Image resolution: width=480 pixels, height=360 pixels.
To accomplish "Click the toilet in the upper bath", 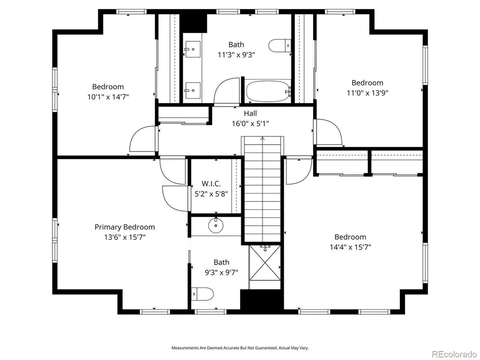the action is pyautogui.click(x=280, y=45).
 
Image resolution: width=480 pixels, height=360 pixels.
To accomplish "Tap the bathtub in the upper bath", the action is pyautogui.click(x=268, y=91).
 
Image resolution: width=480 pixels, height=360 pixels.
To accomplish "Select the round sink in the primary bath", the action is pyautogui.click(x=216, y=226).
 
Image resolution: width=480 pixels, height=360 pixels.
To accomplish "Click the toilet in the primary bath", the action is pyautogui.click(x=202, y=294).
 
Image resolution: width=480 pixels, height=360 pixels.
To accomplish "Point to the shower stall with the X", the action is pyautogui.click(x=265, y=263).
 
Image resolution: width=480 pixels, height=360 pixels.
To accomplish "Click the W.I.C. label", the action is pyautogui.click(x=211, y=184).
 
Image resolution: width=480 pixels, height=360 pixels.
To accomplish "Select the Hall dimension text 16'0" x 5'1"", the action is pyautogui.click(x=250, y=123).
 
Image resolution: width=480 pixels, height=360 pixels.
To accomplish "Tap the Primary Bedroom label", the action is pyautogui.click(x=125, y=227).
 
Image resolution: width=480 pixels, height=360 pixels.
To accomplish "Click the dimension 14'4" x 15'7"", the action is pyautogui.click(x=350, y=247).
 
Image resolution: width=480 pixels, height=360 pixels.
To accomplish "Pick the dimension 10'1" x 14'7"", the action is pyautogui.click(x=108, y=97).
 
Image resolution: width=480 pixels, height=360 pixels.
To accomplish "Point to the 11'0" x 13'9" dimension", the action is pyautogui.click(x=367, y=92).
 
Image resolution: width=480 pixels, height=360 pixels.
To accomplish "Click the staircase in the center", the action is pyautogui.click(x=263, y=189).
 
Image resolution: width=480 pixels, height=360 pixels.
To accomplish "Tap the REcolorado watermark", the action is pyautogui.click(x=454, y=354).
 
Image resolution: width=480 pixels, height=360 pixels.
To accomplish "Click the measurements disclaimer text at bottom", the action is pyautogui.click(x=240, y=348).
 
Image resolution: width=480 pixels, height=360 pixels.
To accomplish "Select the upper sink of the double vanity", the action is pyautogui.click(x=192, y=49).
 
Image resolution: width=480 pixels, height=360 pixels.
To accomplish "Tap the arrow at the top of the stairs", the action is pyautogui.click(x=263, y=138).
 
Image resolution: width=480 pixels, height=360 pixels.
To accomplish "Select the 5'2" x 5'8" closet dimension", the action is pyautogui.click(x=211, y=194).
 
